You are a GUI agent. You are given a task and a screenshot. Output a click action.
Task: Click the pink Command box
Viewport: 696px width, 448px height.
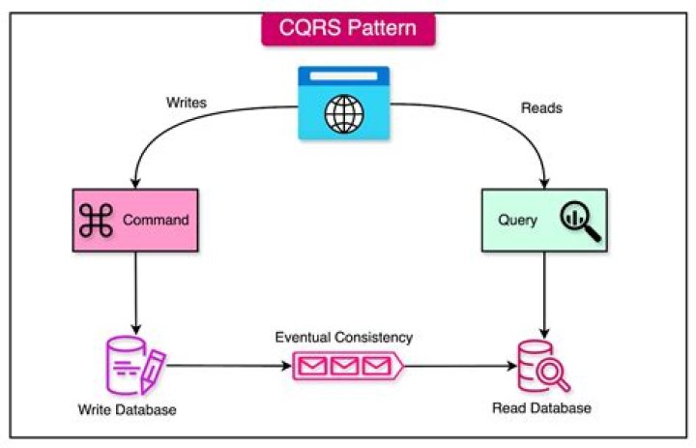point(135,219)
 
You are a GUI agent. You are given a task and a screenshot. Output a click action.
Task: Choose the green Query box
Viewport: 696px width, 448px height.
point(544,220)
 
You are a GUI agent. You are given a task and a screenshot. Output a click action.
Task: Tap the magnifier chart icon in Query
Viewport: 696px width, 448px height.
point(579,221)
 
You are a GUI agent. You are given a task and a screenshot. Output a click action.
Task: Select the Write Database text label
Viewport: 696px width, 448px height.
point(127,409)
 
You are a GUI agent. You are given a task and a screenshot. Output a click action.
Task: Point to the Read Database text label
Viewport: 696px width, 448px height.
point(540,407)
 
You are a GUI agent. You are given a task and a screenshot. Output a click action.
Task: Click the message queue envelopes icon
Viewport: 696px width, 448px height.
point(347,367)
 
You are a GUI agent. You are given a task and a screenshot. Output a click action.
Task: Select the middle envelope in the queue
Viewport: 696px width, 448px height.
point(345,367)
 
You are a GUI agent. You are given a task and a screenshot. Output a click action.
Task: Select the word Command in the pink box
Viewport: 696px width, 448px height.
point(156,220)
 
